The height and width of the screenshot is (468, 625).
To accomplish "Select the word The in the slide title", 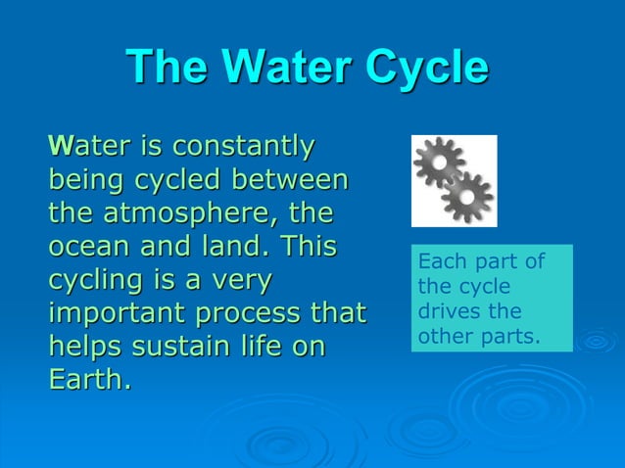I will pos(168,69).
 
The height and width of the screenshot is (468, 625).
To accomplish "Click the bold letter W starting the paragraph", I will pos(60,148).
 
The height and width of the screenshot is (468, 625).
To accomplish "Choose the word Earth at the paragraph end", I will pos(86,380).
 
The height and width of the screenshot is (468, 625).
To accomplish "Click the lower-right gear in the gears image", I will pos(467,197).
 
